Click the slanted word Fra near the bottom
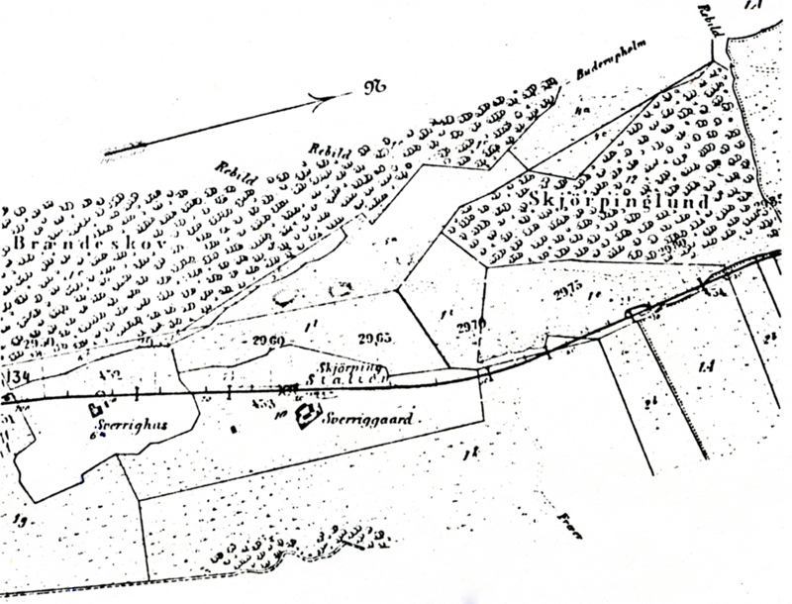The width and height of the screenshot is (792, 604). (x=567, y=522)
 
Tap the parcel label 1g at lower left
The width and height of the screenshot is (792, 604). (x=18, y=518)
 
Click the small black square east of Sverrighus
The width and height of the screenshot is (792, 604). (x=233, y=429)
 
